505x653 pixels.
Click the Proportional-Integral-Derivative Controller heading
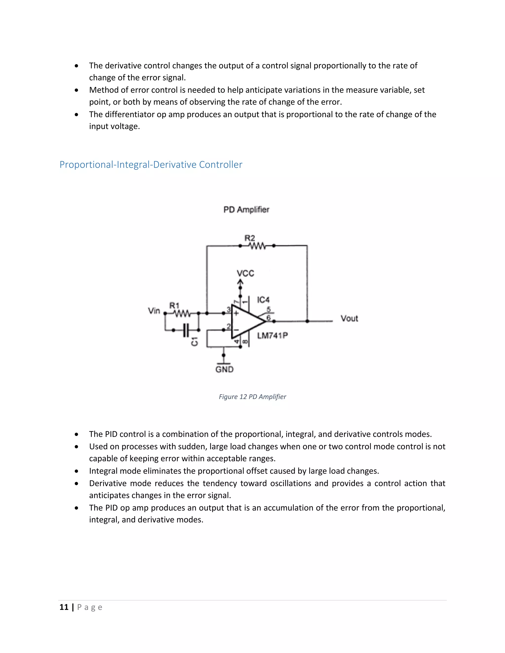tap(151, 164)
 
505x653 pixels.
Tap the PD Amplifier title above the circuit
tap(246, 210)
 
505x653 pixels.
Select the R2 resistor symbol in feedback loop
tap(257, 246)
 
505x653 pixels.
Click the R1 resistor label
tap(174, 306)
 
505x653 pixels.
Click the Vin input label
tap(154, 311)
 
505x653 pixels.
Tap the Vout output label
tap(349, 318)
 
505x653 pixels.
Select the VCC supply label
tap(245, 273)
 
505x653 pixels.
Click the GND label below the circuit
tap(224, 369)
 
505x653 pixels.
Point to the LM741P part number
tap(272, 335)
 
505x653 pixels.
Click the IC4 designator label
tap(263, 300)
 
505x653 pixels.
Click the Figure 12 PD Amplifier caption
tap(252, 397)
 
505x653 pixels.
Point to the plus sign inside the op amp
tap(236, 313)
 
